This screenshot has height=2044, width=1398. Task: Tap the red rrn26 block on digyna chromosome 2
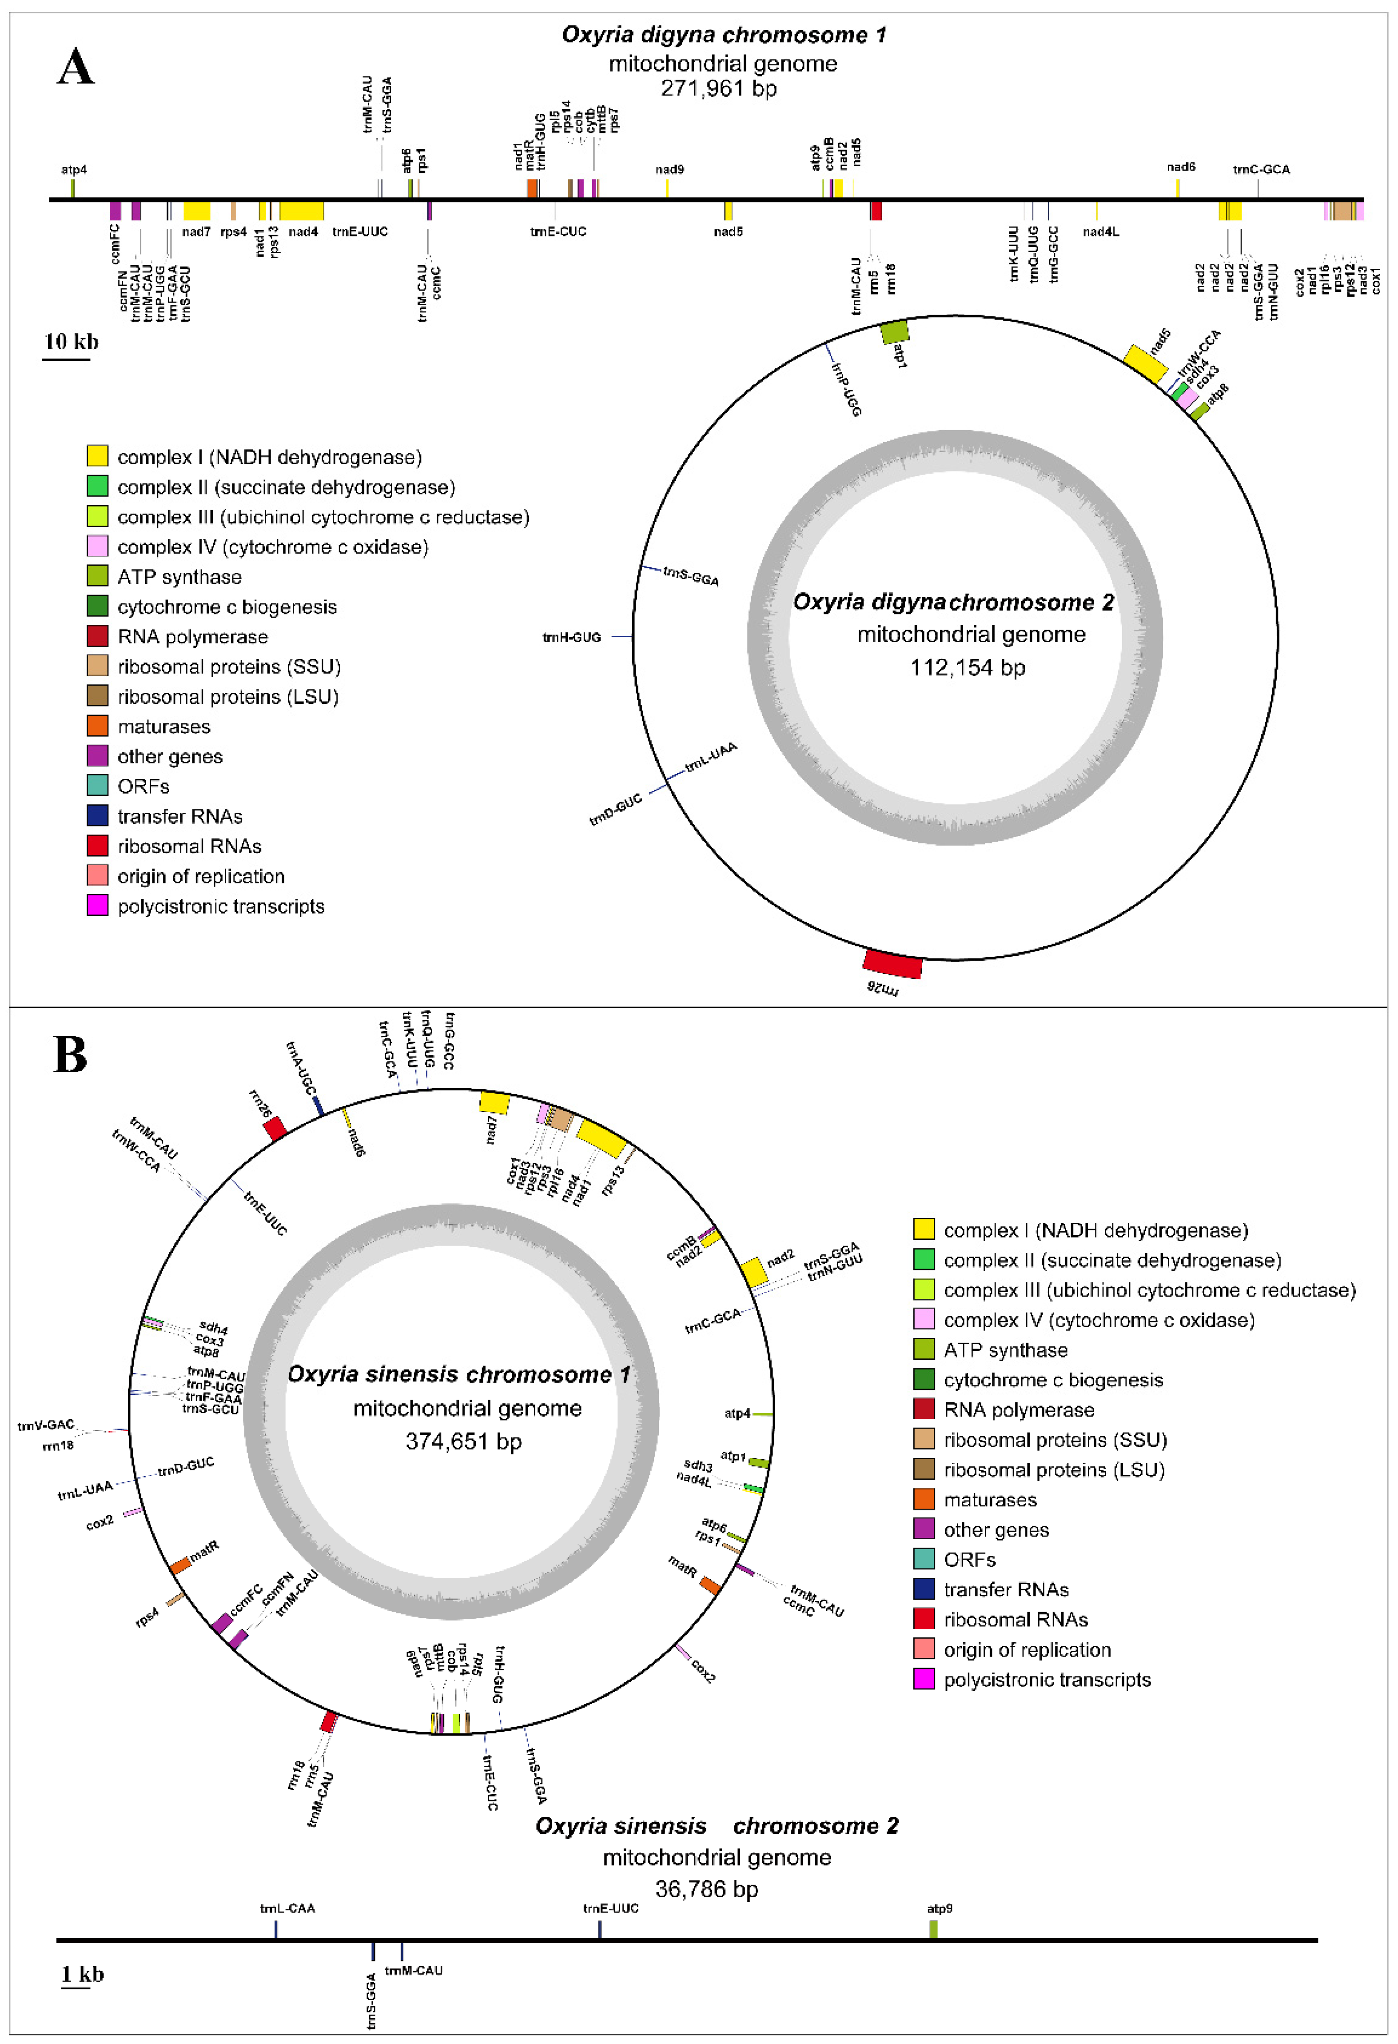[x=892, y=964]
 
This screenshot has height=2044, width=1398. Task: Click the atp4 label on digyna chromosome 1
[x=74, y=169]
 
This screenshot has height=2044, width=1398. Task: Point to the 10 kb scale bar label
[x=71, y=342]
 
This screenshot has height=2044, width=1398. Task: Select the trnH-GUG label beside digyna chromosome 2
[x=572, y=637]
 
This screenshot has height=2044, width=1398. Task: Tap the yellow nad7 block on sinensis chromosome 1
[x=494, y=1103]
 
